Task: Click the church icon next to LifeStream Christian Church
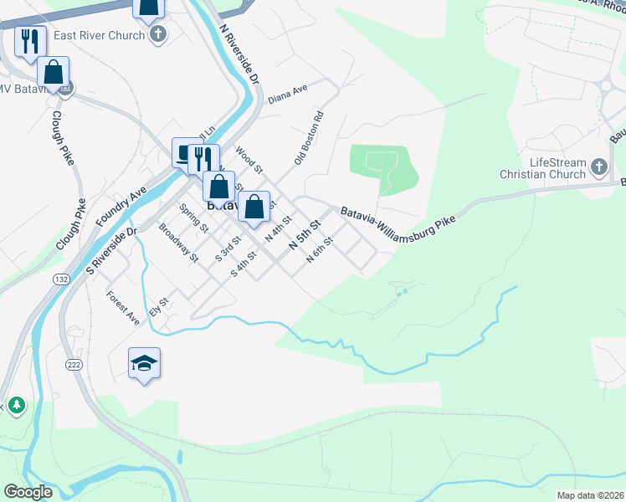[x=599, y=167]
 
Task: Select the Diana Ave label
[x=288, y=93]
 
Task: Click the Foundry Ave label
[x=121, y=205]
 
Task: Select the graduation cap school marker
[x=144, y=363]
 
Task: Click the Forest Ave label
[x=123, y=307]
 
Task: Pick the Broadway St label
[x=178, y=243]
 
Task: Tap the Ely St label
[x=159, y=307]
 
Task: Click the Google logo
[x=28, y=492]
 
